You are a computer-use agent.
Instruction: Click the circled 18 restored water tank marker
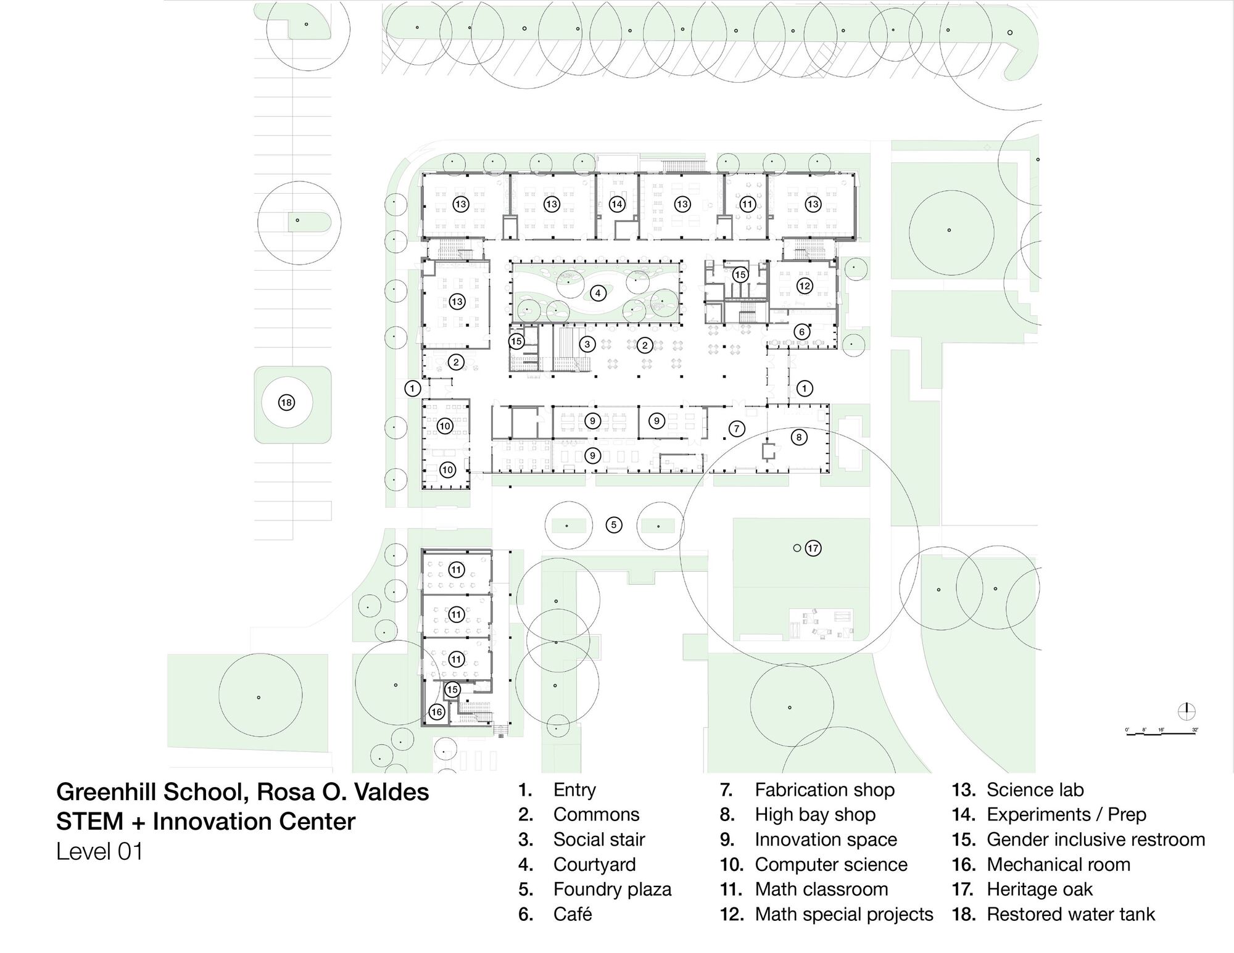(x=286, y=403)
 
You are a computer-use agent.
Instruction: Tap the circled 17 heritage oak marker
(x=813, y=548)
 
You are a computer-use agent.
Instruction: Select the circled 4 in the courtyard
(x=597, y=293)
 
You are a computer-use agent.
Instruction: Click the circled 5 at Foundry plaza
(x=613, y=525)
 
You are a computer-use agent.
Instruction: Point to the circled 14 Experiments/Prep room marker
(x=617, y=204)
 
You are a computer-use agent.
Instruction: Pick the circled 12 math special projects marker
(x=804, y=286)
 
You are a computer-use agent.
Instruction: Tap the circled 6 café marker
(x=801, y=332)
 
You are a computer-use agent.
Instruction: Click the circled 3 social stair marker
(x=587, y=344)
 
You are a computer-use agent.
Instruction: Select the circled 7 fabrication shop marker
(x=736, y=429)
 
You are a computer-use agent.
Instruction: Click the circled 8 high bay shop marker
(x=798, y=437)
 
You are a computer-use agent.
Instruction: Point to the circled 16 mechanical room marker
(x=436, y=712)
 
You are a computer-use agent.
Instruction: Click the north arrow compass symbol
(x=1186, y=711)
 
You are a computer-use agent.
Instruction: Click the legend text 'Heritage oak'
(x=1039, y=889)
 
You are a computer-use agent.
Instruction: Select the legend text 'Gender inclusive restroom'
(x=1095, y=840)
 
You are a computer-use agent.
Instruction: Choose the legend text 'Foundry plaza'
(x=611, y=889)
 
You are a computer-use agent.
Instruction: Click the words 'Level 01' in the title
(x=99, y=852)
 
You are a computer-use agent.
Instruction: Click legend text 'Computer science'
(x=830, y=865)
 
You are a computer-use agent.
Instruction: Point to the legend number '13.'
(x=963, y=790)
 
